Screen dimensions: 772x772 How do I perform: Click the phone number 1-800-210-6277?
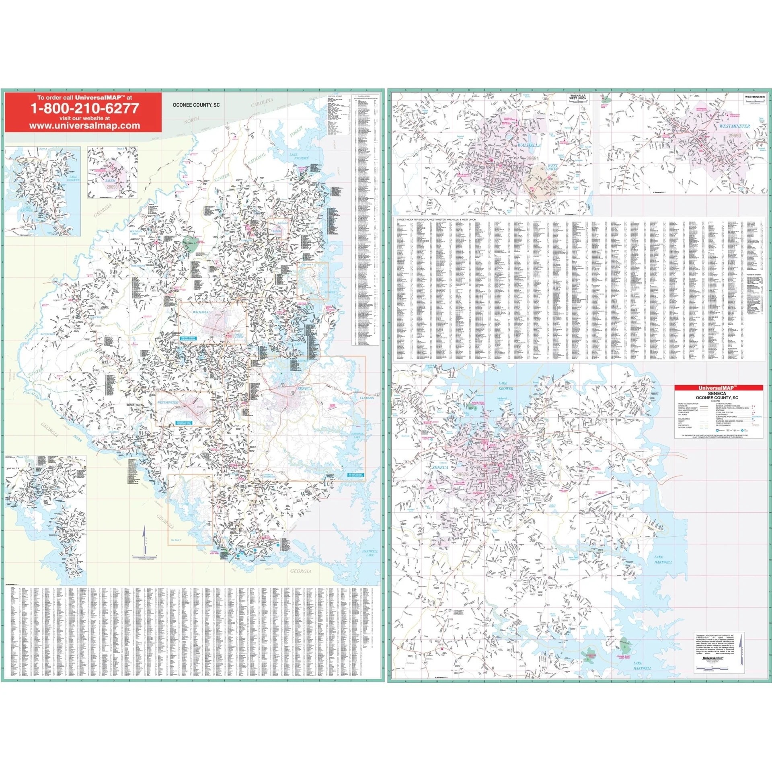click(x=85, y=108)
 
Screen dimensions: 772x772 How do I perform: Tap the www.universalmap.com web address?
click(x=84, y=125)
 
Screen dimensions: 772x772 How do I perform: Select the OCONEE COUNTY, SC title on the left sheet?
click(x=196, y=105)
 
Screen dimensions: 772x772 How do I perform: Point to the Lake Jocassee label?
click(x=299, y=156)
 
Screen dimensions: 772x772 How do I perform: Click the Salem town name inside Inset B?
click(x=110, y=181)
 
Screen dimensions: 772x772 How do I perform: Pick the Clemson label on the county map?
click(x=366, y=398)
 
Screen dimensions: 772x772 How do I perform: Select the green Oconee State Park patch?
click(x=190, y=242)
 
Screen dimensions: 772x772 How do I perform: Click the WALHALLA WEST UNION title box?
click(x=577, y=99)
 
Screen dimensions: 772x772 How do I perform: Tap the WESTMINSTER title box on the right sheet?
click(x=754, y=98)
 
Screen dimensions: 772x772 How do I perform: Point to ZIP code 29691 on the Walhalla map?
click(x=532, y=158)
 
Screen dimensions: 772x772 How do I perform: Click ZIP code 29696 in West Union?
click(x=558, y=183)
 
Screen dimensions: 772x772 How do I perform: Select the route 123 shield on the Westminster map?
click(x=637, y=151)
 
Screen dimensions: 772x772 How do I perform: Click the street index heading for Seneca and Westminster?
click(x=436, y=220)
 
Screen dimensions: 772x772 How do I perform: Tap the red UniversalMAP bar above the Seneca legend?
click(x=718, y=388)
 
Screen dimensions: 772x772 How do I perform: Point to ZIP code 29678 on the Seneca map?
click(x=462, y=474)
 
